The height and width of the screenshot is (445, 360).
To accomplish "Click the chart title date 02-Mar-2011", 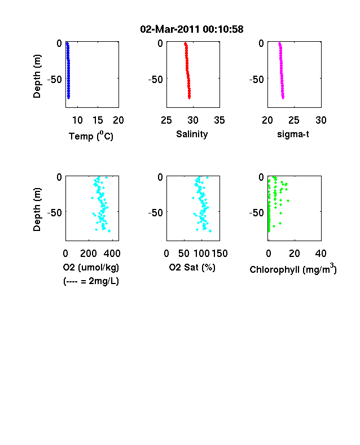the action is (x=169, y=29).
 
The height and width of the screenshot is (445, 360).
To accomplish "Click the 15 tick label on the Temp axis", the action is (x=98, y=120).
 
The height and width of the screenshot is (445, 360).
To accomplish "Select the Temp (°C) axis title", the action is (x=91, y=136).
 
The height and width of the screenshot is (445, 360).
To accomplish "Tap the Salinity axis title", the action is (x=192, y=134).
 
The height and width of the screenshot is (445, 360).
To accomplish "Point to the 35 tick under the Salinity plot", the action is (x=219, y=120).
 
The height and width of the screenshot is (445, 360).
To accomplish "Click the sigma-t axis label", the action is (x=293, y=134).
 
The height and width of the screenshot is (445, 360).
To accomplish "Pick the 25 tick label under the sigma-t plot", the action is (x=294, y=120).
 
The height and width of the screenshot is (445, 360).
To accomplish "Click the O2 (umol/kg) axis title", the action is (x=91, y=267).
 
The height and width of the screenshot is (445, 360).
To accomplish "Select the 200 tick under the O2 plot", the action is (x=89, y=253).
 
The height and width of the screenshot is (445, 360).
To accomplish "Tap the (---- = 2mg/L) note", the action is (x=91, y=281).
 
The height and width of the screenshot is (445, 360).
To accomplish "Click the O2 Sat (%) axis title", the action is (x=192, y=267).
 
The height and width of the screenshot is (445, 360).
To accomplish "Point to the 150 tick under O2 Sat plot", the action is (x=219, y=253).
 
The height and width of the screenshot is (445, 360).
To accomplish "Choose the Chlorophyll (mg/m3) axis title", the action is (x=293, y=269).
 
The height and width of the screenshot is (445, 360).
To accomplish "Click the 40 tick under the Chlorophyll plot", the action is (x=321, y=253).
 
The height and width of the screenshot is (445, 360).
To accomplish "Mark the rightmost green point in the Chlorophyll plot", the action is (x=288, y=200).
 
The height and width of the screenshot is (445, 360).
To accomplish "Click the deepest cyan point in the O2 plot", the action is (x=109, y=231).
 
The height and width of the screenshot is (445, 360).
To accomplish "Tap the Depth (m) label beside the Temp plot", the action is (x=37, y=76).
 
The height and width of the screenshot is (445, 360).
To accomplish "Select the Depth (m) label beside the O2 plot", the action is (x=37, y=210).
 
